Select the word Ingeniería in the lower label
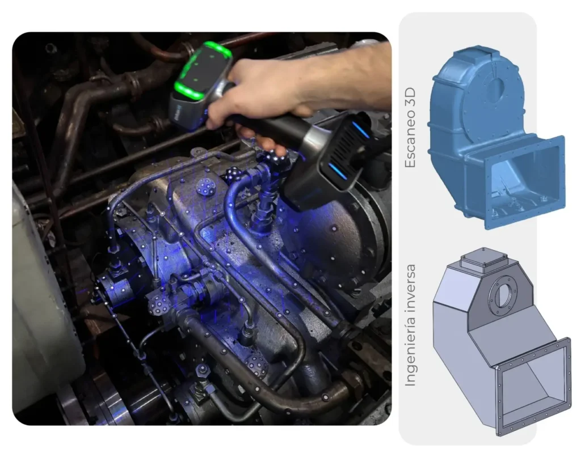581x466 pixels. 410,354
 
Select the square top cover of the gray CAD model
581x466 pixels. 483,259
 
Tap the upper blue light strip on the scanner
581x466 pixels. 360,130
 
